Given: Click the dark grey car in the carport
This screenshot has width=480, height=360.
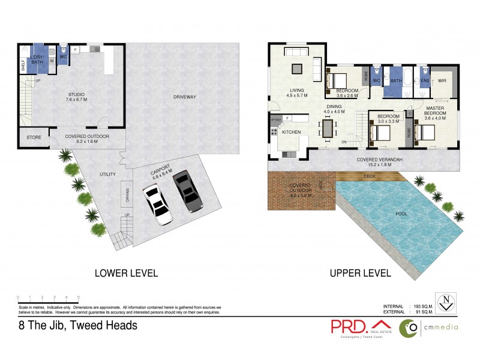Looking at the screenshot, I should coord(186,191).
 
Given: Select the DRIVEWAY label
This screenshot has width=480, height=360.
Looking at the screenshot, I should coord(185,97).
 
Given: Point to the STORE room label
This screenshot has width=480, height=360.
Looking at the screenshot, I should coord(34,137).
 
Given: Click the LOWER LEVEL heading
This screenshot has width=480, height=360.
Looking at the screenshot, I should coord(126,274).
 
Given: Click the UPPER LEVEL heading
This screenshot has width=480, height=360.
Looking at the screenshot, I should coord(360,274).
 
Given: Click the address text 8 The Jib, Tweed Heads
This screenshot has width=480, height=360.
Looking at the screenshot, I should coord(78,326).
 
